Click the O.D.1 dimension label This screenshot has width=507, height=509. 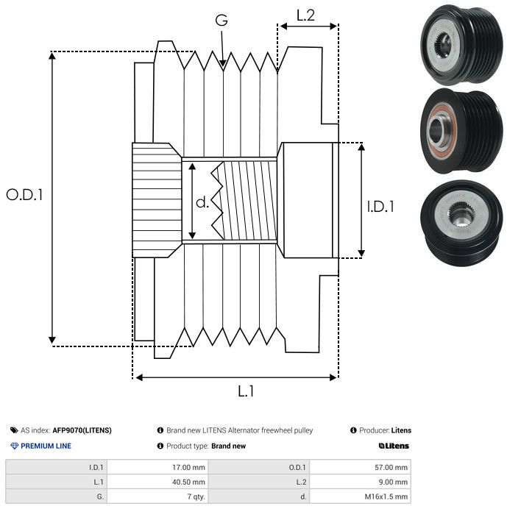pyautogui.click(x=25, y=195)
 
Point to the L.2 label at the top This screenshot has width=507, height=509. pyautogui.click(x=306, y=14)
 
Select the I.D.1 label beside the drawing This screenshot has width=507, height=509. pyautogui.click(x=381, y=207)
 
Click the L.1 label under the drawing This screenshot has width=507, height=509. pyautogui.click(x=246, y=391)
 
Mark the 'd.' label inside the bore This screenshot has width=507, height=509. pyautogui.click(x=202, y=202)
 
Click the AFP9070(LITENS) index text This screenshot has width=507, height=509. pyautogui.click(x=82, y=430)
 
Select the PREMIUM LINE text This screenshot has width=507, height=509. pyautogui.click(x=46, y=446)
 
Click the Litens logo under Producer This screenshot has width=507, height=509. pyautogui.click(x=394, y=446)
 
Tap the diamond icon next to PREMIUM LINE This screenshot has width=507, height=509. pyautogui.click(x=14, y=446)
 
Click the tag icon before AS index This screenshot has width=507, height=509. pyautogui.click(x=14, y=430)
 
